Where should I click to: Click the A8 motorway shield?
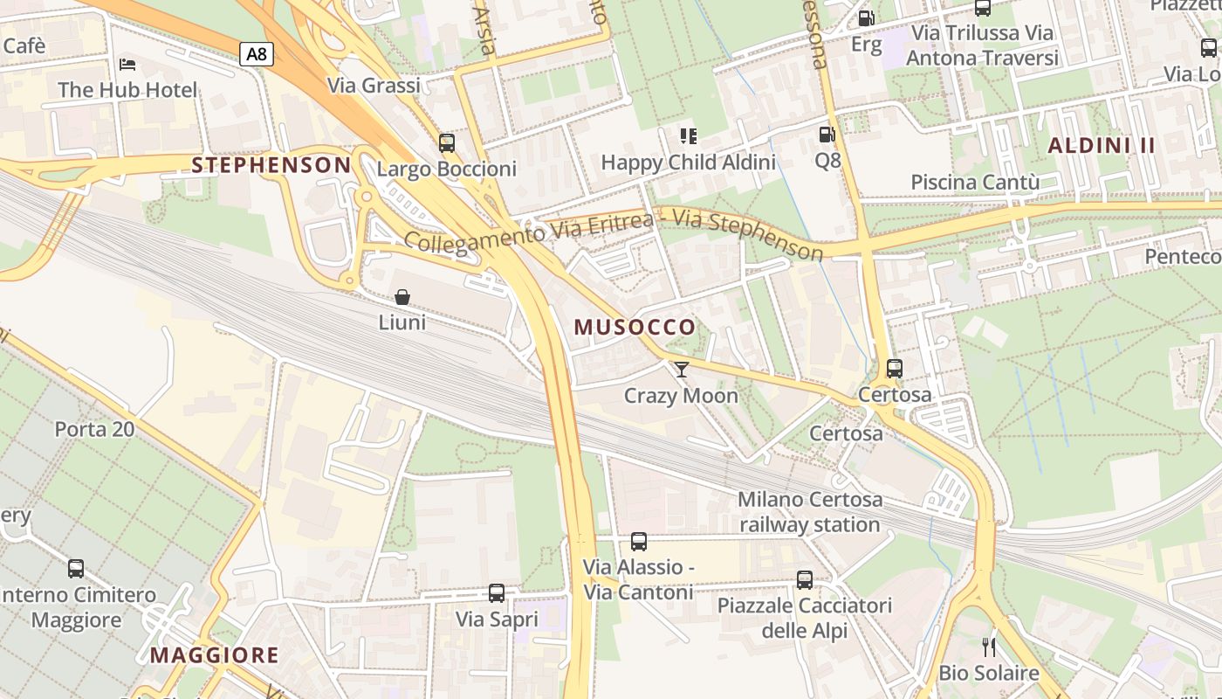tap(257, 54)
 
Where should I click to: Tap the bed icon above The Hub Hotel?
tap(127, 65)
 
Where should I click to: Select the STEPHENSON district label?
tap(271, 165)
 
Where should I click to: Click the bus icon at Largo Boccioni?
tap(447, 142)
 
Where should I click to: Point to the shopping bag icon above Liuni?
tap(402, 297)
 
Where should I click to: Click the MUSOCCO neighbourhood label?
tap(635, 328)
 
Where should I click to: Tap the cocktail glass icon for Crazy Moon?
tap(681, 370)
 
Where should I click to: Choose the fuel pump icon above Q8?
tap(827, 135)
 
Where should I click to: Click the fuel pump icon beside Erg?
tap(866, 17)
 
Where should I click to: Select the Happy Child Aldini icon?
tap(689, 135)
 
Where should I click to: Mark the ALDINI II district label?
tap(1101, 146)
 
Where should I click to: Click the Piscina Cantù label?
tap(975, 183)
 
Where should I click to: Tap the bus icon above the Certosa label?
tap(895, 369)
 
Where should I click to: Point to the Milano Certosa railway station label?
tap(809, 512)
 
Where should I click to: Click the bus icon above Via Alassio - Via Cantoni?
tap(639, 542)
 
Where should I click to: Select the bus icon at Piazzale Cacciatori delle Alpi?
tap(805, 579)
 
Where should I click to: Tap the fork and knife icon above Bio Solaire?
tap(989, 647)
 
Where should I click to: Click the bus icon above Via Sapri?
tap(497, 593)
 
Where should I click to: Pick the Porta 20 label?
tap(94, 429)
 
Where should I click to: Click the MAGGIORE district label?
tap(214, 655)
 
